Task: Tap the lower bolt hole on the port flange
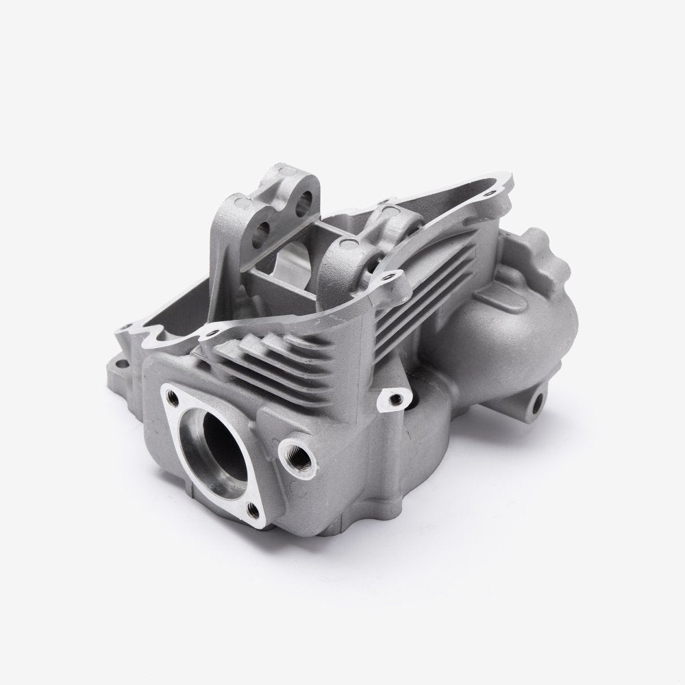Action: [254, 509]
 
